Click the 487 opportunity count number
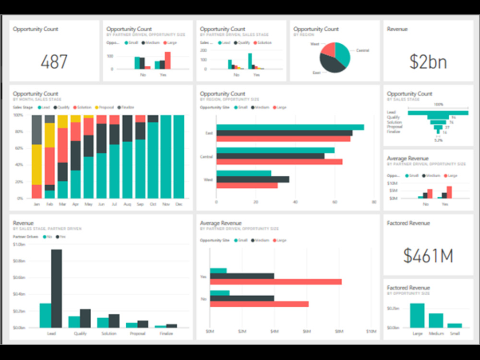pyautogui.click(x=54, y=62)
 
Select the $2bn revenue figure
pyautogui.click(x=428, y=62)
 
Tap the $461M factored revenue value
pyautogui.click(x=428, y=256)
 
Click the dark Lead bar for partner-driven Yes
pyautogui.click(x=57, y=288)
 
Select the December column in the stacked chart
pyautogui.click(x=179, y=156)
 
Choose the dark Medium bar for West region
pyautogui.click(x=252, y=179)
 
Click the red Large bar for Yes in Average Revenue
pyautogui.click(x=276, y=282)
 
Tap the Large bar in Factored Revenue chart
pyautogui.click(x=417, y=315)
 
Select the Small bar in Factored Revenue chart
pyautogui.click(x=455, y=325)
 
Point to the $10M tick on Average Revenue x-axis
pyautogui.click(x=370, y=331)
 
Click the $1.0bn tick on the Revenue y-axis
pyautogui.click(x=19, y=244)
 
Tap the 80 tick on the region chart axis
pyautogui.click(x=374, y=202)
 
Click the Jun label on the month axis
pyautogui.click(x=101, y=204)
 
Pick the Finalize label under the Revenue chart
pyautogui.click(x=166, y=333)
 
